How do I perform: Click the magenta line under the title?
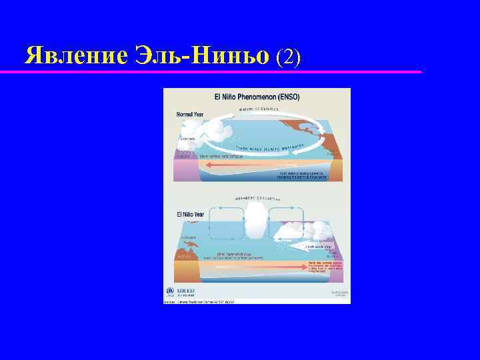[x=213, y=71]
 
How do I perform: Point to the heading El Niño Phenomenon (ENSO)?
[x=257, y=97]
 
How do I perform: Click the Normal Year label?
[x=191, y=114]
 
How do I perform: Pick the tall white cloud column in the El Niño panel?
[x=256, y=223]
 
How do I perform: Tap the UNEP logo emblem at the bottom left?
[x=170, y=292]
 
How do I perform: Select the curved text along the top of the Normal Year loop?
[x=257, y=109]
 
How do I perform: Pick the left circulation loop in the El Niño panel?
[x=227, y=220]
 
